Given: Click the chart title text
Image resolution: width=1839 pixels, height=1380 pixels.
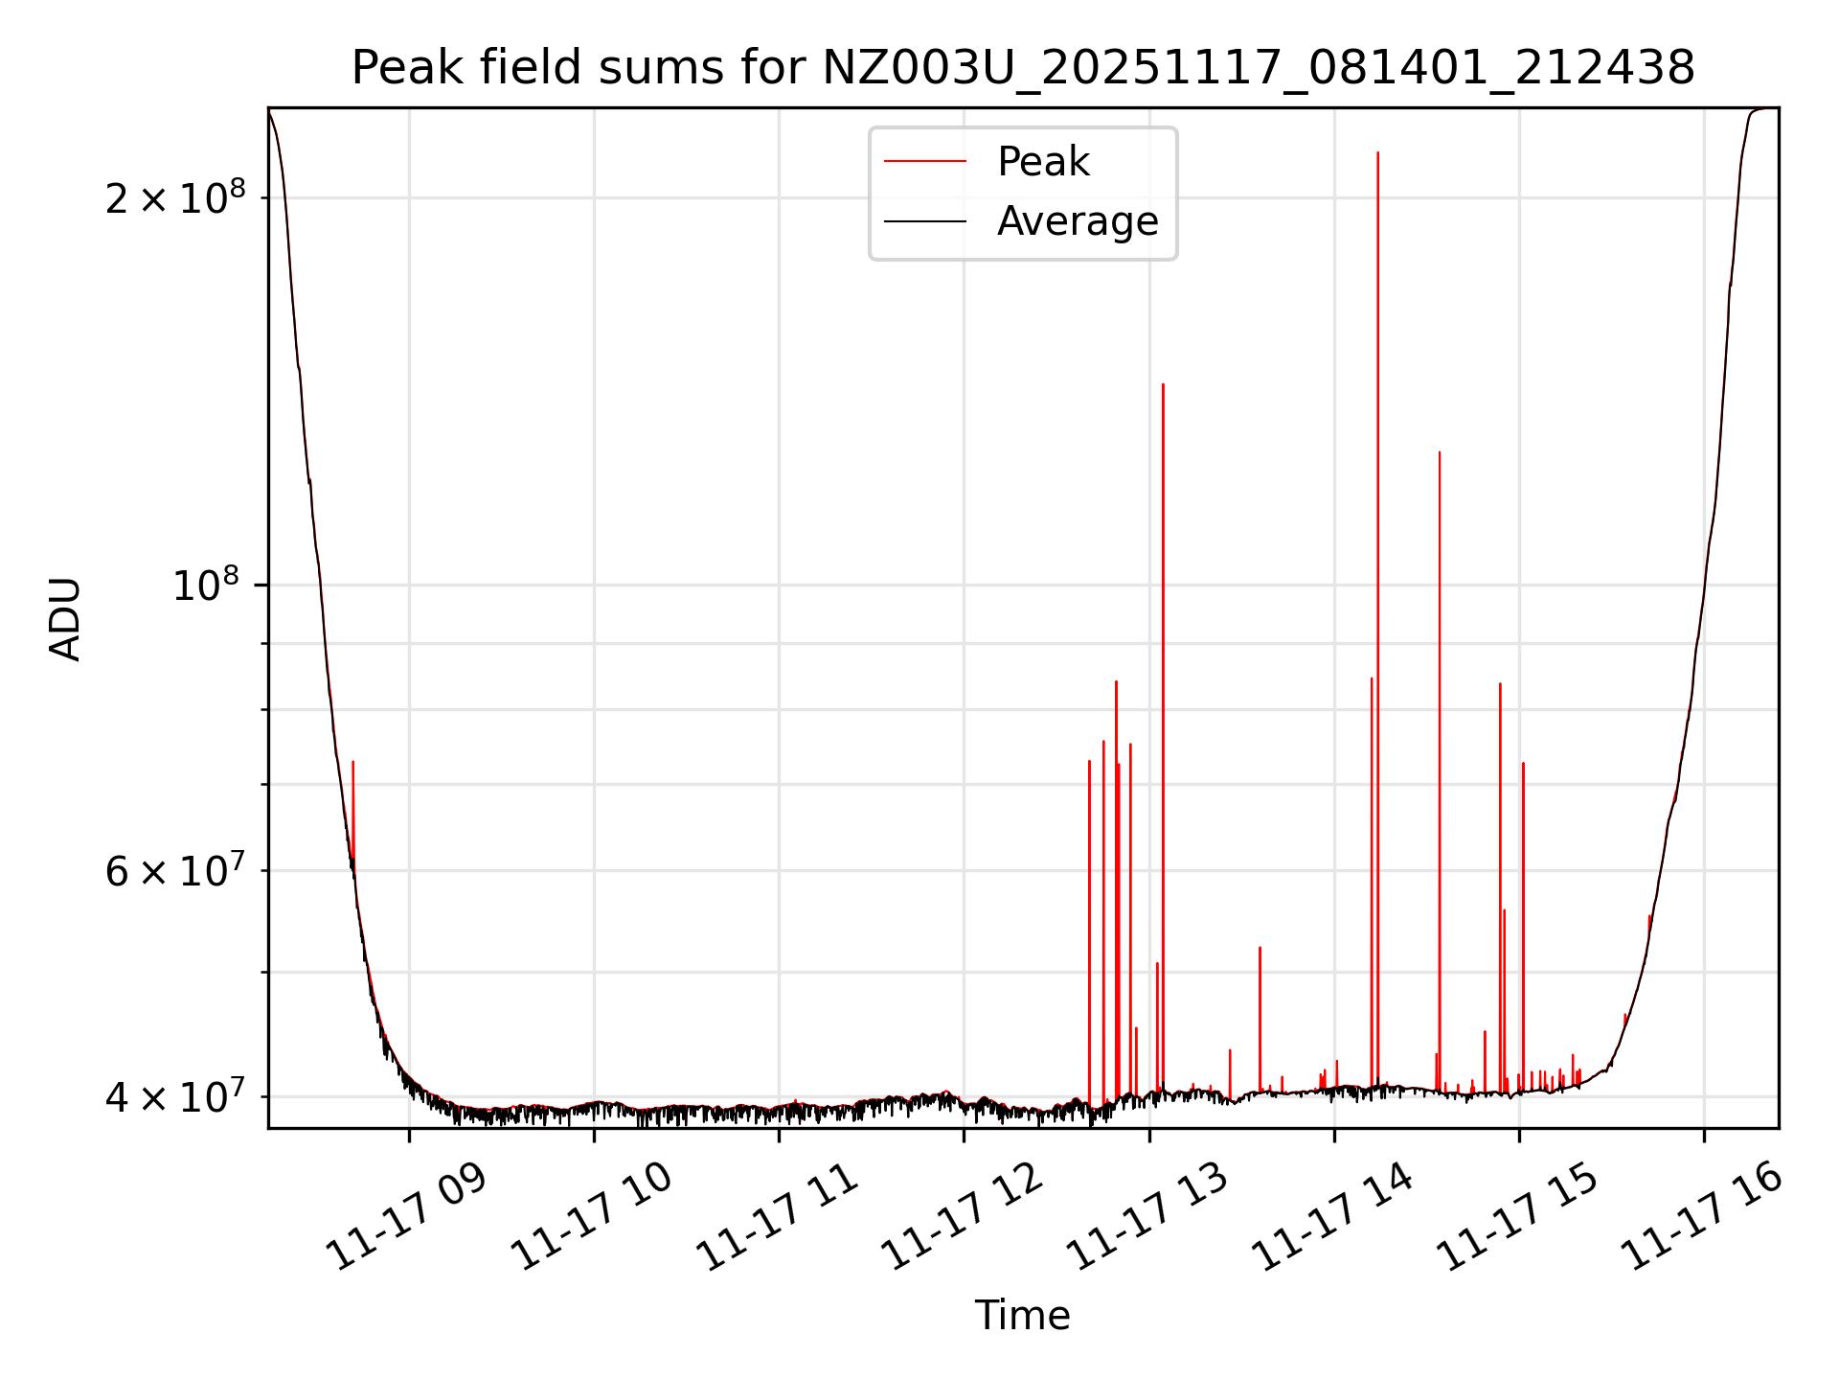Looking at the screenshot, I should (x=1023, y=68).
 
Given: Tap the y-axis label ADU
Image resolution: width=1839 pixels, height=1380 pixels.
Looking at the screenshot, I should (x=65, y=619).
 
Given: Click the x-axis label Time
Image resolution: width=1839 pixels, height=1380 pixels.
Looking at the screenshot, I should (x=1022, y=1315).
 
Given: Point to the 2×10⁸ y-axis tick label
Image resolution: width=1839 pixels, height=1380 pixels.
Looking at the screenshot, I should (x=174, y=198).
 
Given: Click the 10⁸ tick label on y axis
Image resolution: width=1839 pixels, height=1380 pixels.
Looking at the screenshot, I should (x=205, y=585).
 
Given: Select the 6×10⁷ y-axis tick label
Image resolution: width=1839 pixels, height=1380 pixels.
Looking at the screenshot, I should (x=174, y=871).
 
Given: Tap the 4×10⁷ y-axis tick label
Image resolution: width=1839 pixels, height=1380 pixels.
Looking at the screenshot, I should (x=174, y=1096).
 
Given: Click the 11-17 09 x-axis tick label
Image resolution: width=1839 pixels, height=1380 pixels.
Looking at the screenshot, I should (x=406, y=1218).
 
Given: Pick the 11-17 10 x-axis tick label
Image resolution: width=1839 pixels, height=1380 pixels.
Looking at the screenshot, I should (x=591, y=1218).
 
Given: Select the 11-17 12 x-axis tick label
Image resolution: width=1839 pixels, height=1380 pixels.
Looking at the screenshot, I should (x=961, y=1218).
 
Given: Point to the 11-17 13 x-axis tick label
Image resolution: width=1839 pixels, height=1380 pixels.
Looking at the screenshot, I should (x=1147, y=1218).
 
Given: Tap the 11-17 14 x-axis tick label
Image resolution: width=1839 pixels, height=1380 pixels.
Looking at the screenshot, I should (x=1331, y=1218).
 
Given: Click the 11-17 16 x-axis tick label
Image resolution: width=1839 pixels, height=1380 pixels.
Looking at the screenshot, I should (x=1701, y=1218).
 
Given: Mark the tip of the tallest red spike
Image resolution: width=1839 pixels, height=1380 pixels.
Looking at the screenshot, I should (x=1377, y=152).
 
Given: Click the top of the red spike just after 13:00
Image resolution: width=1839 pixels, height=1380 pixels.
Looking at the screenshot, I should (x=1163, y=384).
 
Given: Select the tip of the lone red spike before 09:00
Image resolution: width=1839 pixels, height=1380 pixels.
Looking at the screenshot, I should (x=352, y=762).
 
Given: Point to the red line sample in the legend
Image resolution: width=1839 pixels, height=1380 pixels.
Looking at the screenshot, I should (x=924, y=162).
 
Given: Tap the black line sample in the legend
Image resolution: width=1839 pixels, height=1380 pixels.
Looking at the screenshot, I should (x=924, y=221).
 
